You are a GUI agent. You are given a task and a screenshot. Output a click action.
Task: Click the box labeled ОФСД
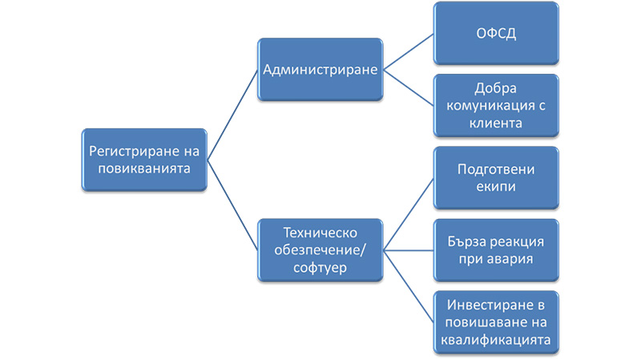click(495, 34)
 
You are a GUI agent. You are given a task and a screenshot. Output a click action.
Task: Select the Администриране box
click(320, 70)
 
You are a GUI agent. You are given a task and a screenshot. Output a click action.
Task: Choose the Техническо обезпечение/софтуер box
click(320, 249)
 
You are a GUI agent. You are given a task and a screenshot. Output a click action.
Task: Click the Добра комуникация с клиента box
click(495, 106)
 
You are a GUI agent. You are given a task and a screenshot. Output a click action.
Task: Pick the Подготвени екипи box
click(495, 178)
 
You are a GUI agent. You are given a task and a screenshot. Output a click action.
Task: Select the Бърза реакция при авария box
click(495, 249)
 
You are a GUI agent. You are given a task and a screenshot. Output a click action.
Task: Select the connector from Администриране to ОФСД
click(408, 52)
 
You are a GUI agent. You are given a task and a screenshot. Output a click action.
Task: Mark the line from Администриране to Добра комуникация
click(408, 88)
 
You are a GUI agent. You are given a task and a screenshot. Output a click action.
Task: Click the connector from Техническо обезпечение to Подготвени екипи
click(408, 214)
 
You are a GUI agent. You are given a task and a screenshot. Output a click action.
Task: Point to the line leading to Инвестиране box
click(408, 285)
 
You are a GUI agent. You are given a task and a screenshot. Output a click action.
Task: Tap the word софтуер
click(320, 268)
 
